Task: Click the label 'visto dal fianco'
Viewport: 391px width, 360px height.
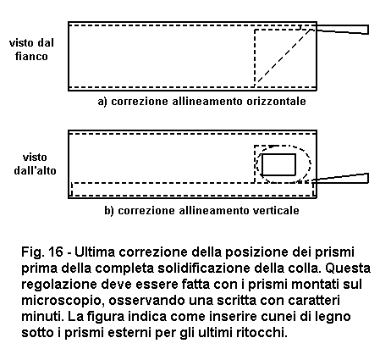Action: click(31, 50)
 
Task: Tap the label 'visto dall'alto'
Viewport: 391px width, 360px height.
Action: click(35, 164)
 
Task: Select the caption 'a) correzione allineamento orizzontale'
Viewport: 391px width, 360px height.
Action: click(201, 101)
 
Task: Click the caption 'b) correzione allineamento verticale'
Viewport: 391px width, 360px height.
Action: click(201, 210)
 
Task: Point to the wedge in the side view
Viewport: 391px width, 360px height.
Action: click(342, 30)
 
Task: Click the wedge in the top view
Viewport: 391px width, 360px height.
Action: click(341, 179)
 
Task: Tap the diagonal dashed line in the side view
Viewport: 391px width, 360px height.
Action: click(283, 58)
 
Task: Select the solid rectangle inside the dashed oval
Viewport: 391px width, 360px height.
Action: click(278, 164)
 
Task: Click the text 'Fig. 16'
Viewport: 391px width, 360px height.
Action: click(42, 252)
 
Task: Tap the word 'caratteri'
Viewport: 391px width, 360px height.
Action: click(314, 301)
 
